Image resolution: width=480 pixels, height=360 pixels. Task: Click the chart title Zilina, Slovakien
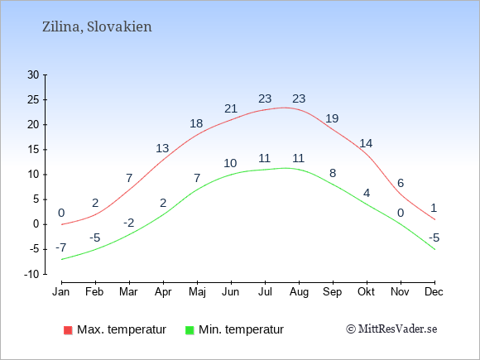97,27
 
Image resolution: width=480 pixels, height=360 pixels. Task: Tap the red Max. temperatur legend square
68,330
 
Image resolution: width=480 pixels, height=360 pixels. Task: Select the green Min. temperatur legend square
190,330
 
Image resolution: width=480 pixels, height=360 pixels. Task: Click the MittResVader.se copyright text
391,329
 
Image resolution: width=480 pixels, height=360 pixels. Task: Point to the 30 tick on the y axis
33,74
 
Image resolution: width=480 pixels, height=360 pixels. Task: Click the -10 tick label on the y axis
31,274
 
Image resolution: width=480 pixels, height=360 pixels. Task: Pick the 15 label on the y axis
33,150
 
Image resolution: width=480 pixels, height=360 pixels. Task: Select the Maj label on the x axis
197,292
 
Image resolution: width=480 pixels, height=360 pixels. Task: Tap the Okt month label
366,292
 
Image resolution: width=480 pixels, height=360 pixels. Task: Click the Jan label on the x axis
61,292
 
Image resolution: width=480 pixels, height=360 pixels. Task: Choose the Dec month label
434,292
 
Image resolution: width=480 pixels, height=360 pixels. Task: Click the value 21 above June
231,108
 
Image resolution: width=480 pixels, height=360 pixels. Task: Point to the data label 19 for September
332,118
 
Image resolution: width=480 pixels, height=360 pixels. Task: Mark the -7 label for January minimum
61,247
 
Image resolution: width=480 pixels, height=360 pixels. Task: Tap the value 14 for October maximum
366,143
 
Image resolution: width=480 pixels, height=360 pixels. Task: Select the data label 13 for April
162,148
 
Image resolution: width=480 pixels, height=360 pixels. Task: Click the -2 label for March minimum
129,223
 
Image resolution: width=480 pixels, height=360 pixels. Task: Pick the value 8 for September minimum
333,173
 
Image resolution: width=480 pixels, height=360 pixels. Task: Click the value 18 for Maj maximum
196,123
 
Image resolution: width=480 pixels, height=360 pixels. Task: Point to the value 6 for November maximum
401,184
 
